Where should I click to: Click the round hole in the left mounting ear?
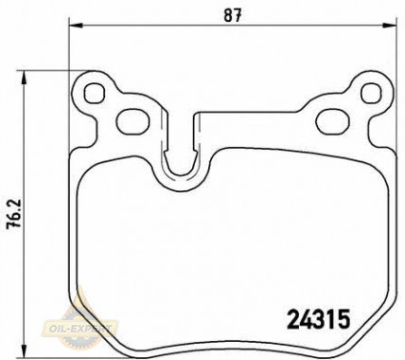(95, 94)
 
